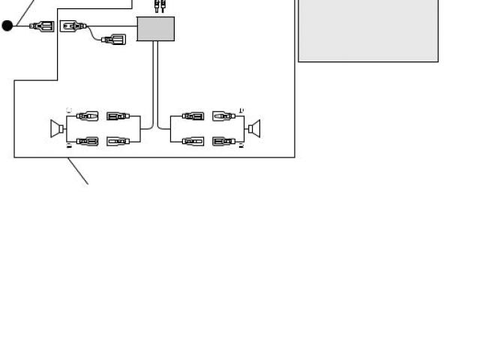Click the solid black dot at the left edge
coord(7,26)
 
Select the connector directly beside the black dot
coord(40,26)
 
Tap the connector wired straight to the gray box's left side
coord(73,26)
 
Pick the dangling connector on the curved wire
coord(113,39)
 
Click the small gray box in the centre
coord(156,29)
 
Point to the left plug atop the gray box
coord(156,6)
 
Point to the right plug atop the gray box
coord(162,6)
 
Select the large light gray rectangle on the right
coord(368,30)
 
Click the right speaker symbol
coord(255,128)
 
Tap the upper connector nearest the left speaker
coord(87,116)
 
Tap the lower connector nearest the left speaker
coord(87,141)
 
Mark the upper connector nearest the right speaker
coord(224,116)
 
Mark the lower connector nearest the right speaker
coord(224,141)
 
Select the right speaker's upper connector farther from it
coord(193,116)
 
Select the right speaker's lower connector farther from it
coord(193,141)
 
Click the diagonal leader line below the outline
coord(78,170)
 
